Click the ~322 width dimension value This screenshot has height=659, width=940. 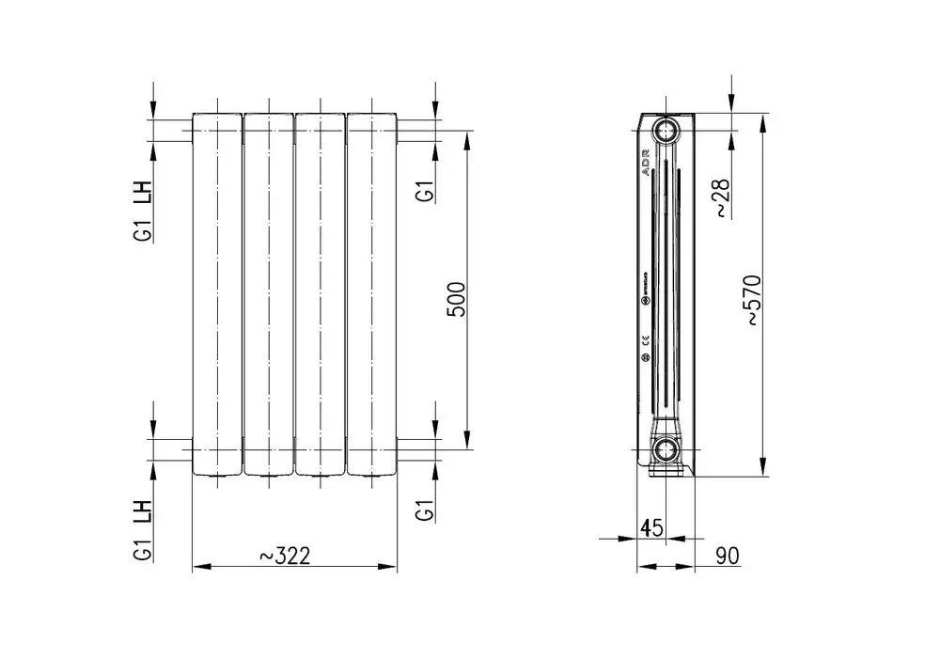[284, 556]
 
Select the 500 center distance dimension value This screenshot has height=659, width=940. [456, 299]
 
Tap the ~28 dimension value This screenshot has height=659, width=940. [721, 198]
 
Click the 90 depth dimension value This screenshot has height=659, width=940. [728, 556]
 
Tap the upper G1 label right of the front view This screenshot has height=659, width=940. [425, 191]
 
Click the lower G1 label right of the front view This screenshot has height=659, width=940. [425, 511]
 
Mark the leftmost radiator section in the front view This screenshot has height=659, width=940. [217, 294]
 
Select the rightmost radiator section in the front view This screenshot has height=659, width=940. [371, 294]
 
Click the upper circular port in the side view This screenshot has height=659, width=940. [667, 130]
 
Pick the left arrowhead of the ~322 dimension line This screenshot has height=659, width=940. [197, 567]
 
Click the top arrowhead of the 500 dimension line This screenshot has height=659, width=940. [467, 136]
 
